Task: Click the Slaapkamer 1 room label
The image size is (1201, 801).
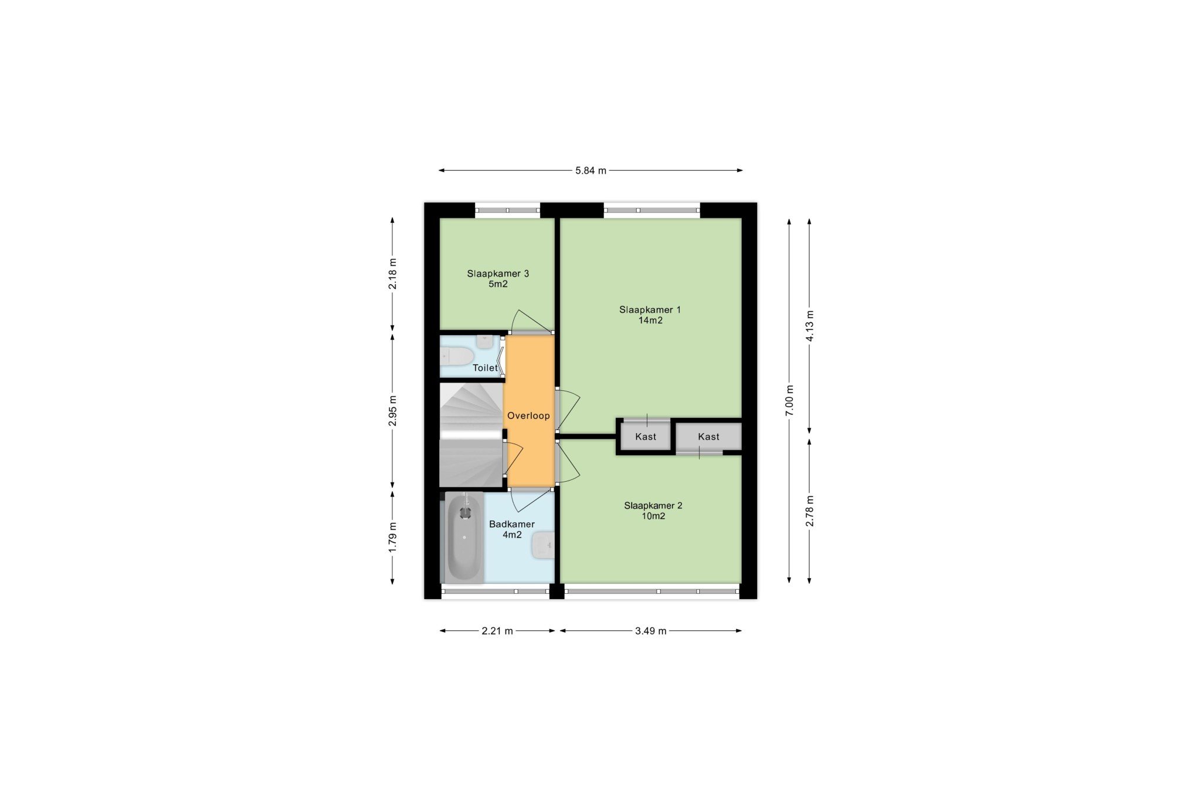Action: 650,315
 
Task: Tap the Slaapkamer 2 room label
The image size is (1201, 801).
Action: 653,511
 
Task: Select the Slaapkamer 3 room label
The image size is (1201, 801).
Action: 498,279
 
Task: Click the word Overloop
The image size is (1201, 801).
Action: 528,416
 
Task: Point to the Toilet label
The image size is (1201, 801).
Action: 485,368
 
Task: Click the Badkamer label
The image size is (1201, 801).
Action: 512,524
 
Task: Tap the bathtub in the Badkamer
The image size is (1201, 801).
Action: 464,537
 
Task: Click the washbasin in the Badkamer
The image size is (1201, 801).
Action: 542,546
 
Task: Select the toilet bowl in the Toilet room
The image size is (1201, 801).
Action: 456,356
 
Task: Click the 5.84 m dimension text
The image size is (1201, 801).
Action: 591,171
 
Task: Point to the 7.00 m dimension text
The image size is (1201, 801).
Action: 789,401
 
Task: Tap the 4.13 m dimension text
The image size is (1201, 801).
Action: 809,326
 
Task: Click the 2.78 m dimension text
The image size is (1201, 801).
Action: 809,511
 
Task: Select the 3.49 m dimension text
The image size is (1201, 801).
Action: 650,631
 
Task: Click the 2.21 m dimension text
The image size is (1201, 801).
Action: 497,631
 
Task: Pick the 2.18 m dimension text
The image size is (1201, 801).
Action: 392,273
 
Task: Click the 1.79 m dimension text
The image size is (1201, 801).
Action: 392,536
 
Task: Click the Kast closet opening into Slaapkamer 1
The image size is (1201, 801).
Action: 646,437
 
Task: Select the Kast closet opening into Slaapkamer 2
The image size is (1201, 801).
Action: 708,437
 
